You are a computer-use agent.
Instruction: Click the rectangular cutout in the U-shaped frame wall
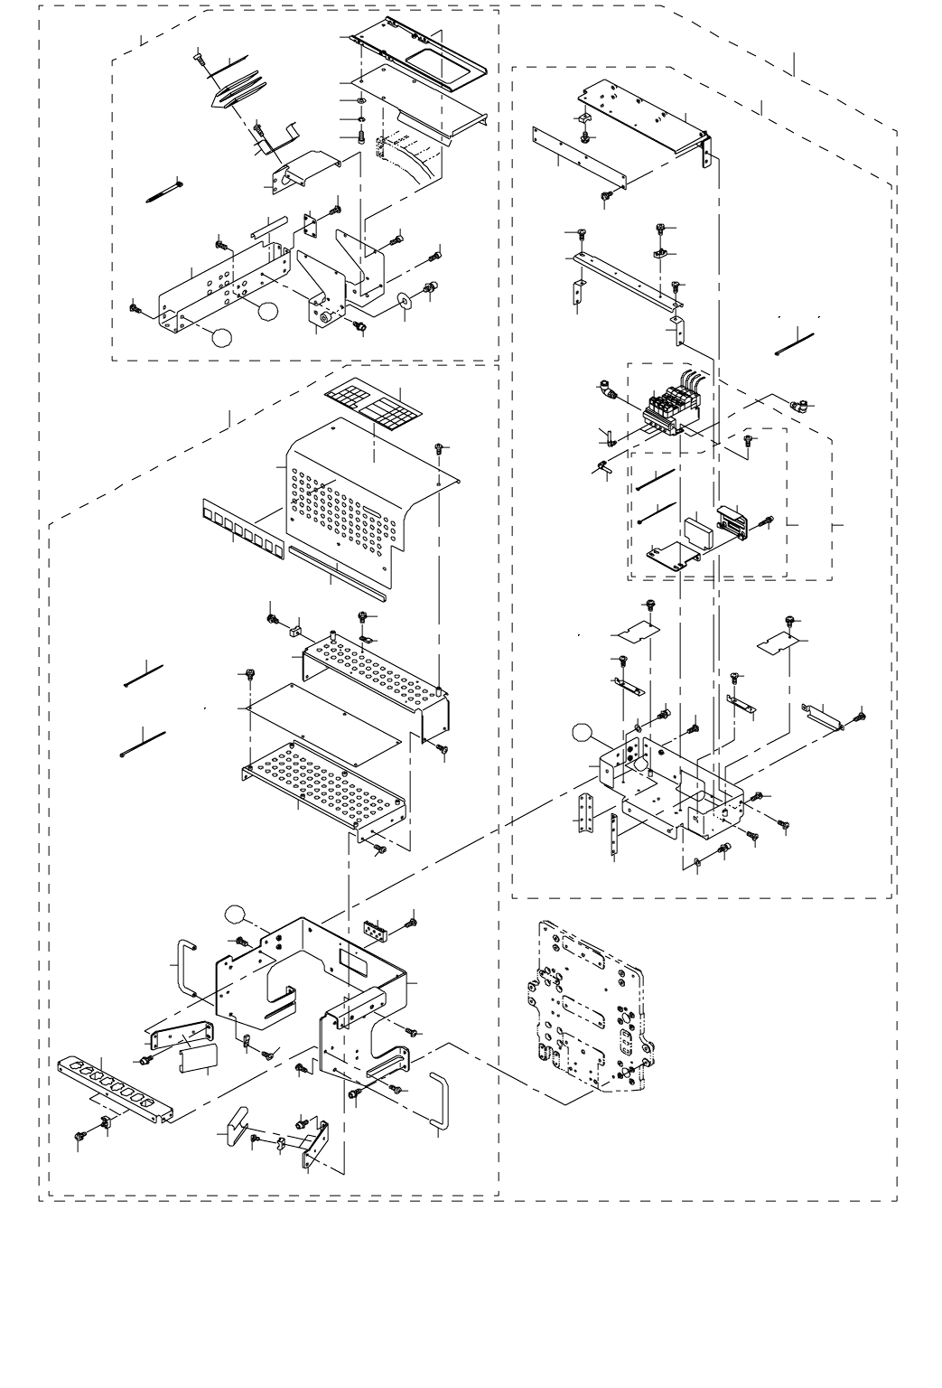tap(352, 960)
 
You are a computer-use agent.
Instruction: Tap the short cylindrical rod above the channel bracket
tap(268, 224)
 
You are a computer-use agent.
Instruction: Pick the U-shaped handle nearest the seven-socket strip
tap(184, 967)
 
